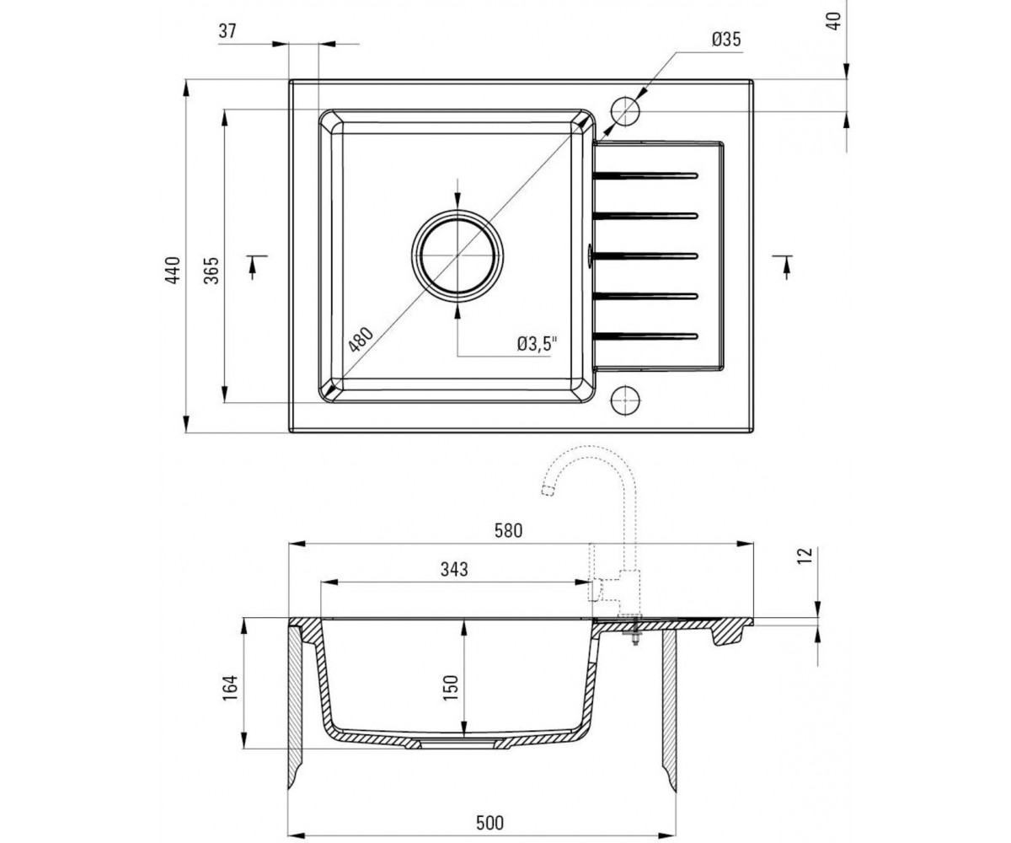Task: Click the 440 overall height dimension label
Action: pyautogui.click(x=173, y=270)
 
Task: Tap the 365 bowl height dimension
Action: pyautogui.click(x=211, y=270)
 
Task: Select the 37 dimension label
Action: pyautogui.click(x=227, y=31)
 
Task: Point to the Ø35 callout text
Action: pyautogui.click(x=726, y=40)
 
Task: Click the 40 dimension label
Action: pyautogui.click(x=835, y=21)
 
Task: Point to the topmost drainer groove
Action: pyautogui.click(x=645, y=175)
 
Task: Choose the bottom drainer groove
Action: pyautogui.click(x=645, y=336)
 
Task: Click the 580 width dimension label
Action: pyautogui.click(x=508, y=531)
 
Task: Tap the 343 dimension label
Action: pyautogui.click(x=454, y=569)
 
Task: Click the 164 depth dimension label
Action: pyautogui.click(x=231, y=688)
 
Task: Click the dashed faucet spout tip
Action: pyautogui.click(x=548, y=491)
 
